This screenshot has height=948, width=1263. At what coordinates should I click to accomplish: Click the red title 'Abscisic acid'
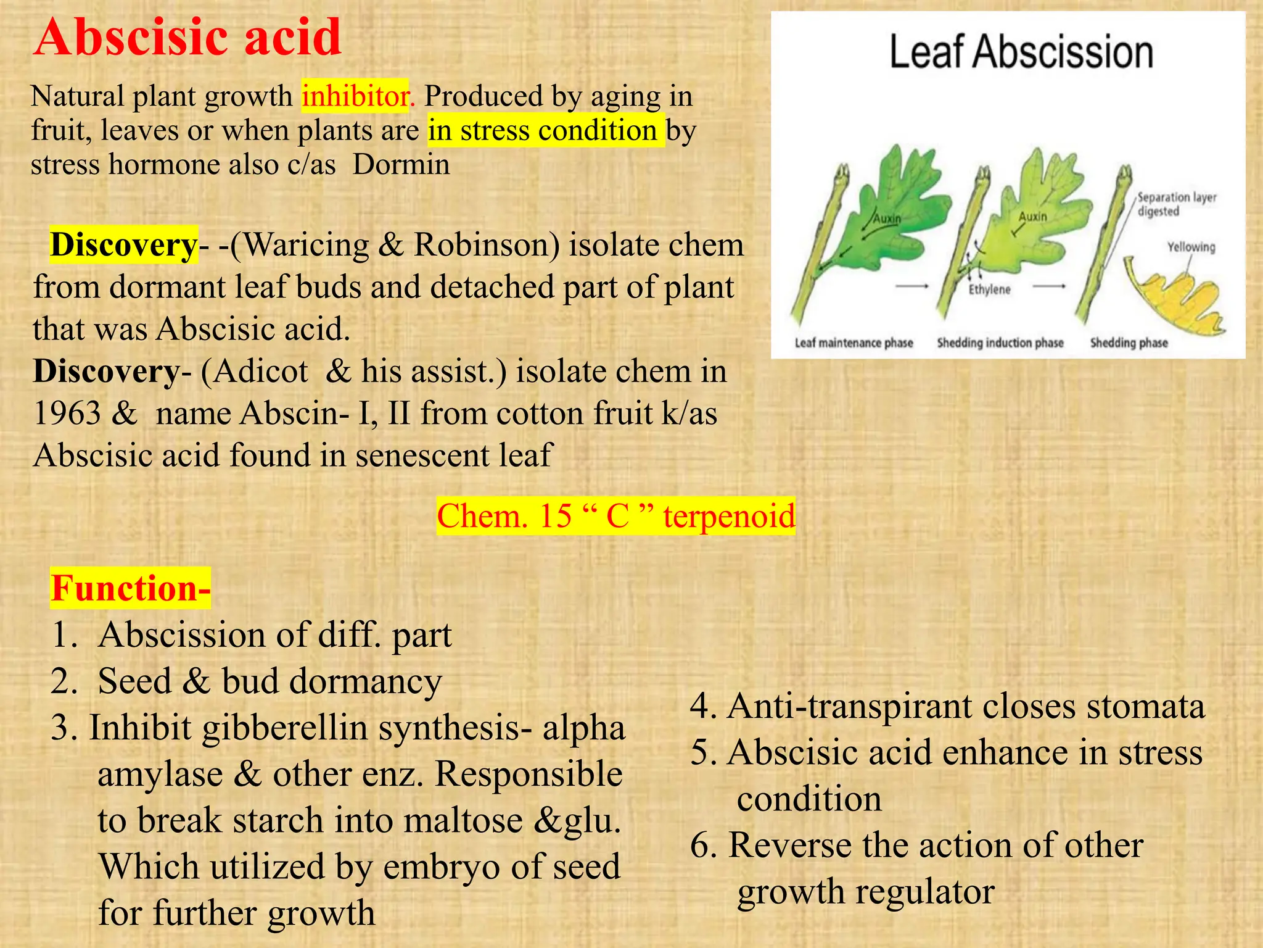click(x=187, y=37)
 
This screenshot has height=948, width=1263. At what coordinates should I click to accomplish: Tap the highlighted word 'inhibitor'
click(x=355, y=96)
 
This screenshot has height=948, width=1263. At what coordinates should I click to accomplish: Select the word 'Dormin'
click(x=401, y=165)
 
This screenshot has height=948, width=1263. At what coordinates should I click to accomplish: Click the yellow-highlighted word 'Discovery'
click(x=123, y=245)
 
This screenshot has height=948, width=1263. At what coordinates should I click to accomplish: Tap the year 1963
click(x=67, y=414)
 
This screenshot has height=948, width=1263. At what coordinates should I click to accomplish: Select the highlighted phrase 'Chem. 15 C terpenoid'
click(x=615, y=516)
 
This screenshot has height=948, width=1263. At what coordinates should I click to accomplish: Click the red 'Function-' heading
click(x=130, y=588)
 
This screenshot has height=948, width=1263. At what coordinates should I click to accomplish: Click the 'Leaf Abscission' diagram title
click(x=1021, y=52)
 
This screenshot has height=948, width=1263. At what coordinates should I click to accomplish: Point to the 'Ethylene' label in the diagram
click(x=989, y=289)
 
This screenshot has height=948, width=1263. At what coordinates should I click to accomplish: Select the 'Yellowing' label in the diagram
click(x=1191, y=247)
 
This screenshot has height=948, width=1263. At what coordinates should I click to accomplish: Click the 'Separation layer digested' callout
click(x=1176, y=204)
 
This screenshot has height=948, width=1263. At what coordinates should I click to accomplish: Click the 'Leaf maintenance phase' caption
click(x=854, y=343)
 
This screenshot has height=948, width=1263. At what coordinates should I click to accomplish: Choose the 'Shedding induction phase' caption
click(x=1000, y=343)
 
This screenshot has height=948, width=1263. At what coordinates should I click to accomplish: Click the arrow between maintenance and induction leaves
click(x=912, y=286)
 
